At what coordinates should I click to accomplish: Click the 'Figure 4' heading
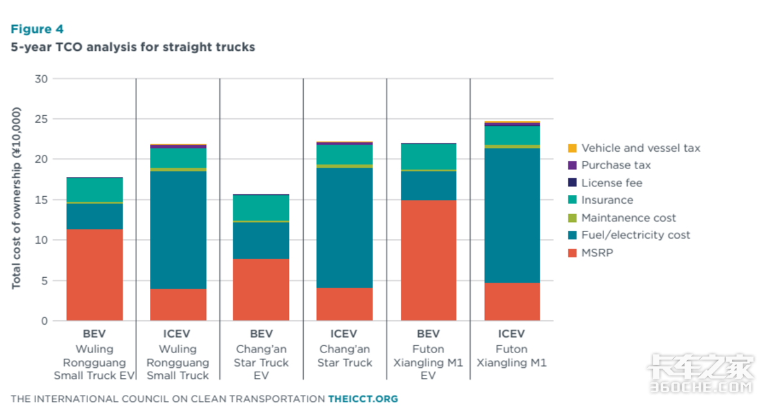(37, 29)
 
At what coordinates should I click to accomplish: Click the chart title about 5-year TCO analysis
(133, 47)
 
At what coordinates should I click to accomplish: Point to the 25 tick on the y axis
(41, 119)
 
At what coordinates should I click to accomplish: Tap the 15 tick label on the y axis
(41, 200)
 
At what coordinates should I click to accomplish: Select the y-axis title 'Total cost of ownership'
(16, 198)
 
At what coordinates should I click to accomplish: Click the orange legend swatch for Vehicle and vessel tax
(572, 148)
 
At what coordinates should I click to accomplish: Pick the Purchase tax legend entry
(609, 165)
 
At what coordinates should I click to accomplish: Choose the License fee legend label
(612, 183)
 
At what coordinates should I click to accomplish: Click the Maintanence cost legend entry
(622, 218)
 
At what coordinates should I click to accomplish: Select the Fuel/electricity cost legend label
(636, 235)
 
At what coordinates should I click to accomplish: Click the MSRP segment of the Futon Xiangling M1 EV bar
(428, 260)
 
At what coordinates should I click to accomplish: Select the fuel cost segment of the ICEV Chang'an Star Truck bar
(345, 228)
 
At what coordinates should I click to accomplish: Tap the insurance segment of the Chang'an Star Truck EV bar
(261, 208)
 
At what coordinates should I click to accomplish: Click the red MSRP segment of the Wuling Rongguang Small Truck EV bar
(95, 275)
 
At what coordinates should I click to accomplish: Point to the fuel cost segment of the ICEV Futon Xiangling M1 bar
(512, 215)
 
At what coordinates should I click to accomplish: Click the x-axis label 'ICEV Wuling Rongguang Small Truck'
(178, 354)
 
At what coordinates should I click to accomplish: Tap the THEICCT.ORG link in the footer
(363, 399)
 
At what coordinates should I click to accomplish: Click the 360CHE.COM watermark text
(701, 387)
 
